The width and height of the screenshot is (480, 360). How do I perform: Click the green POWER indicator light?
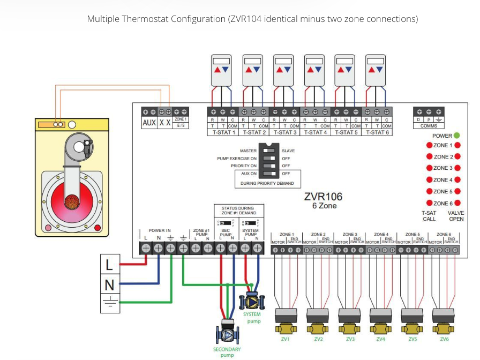(x=457, y=136)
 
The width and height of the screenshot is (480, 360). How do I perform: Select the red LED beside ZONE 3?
(x=429, y=168)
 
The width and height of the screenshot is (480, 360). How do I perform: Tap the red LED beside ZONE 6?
(x=429, y=203)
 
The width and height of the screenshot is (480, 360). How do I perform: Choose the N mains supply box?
(x=109, y=284)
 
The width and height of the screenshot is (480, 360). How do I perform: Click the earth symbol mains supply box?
(x=109, y=304)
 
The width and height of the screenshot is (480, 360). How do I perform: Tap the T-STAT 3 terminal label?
(x=284, y=132)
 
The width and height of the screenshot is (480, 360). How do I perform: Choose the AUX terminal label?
(x=149, y=123)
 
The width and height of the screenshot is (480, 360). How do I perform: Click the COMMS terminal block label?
(x=429, y=125)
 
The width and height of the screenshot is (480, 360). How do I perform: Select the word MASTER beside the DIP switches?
(x=248, y=151)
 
